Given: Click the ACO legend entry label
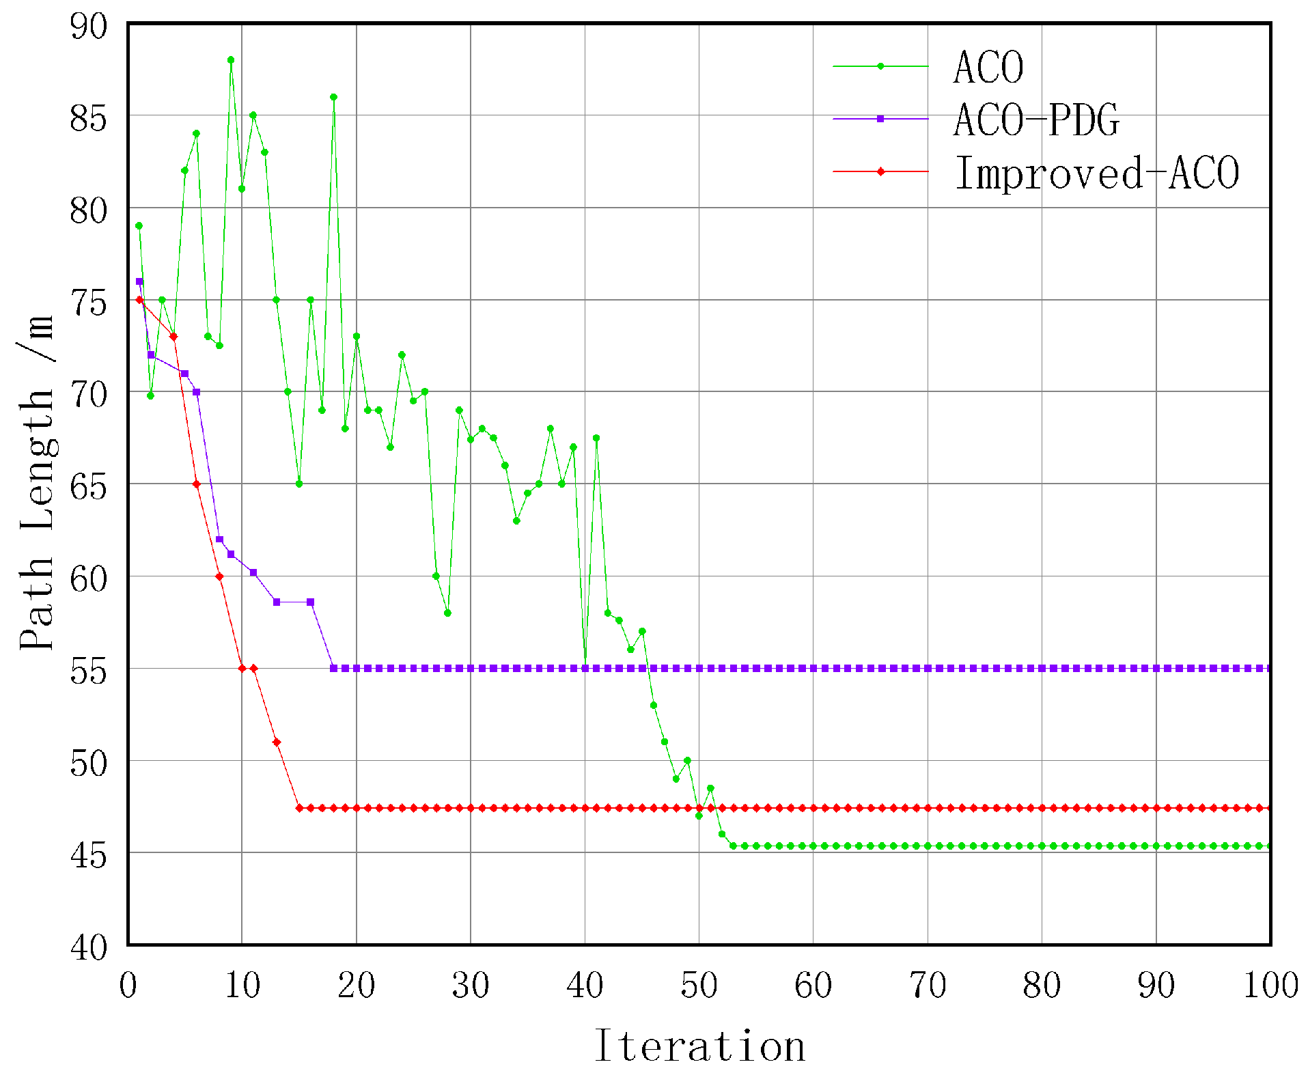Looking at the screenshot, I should click(x=988, y=68).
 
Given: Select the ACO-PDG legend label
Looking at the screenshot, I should click(x=1036, y=120).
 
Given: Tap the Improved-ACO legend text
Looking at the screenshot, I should click(x=1097, y=173).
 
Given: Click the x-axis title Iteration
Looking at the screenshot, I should click(x=699, y=1046).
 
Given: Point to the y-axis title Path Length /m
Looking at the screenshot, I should click(x=38, y=482).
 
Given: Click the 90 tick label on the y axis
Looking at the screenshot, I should click(x=89, y=27).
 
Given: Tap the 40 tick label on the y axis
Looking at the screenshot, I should click(x=89, y=947).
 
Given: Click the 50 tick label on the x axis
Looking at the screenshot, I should click(x=699, y=986).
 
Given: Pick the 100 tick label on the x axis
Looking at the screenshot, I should click(x=1270, y=986).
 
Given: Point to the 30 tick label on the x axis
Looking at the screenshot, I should click(x=471, y=986).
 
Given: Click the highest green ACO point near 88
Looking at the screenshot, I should click(x=231, y=60).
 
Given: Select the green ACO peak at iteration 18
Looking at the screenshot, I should click(x=333, y=97).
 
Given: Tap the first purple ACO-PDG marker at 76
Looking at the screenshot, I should click(x=139, y=281).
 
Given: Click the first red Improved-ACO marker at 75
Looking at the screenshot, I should click(x=139, y=300).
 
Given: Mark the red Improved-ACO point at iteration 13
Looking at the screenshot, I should click(x=277, y=742).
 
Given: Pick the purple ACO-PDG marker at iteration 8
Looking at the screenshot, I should click(x=219, y=540).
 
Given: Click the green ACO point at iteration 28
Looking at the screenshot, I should click(x=447, y=613).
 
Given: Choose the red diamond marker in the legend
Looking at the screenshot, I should click(x=880, y=171).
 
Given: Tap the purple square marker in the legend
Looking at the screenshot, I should click(x=880, y=119).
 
